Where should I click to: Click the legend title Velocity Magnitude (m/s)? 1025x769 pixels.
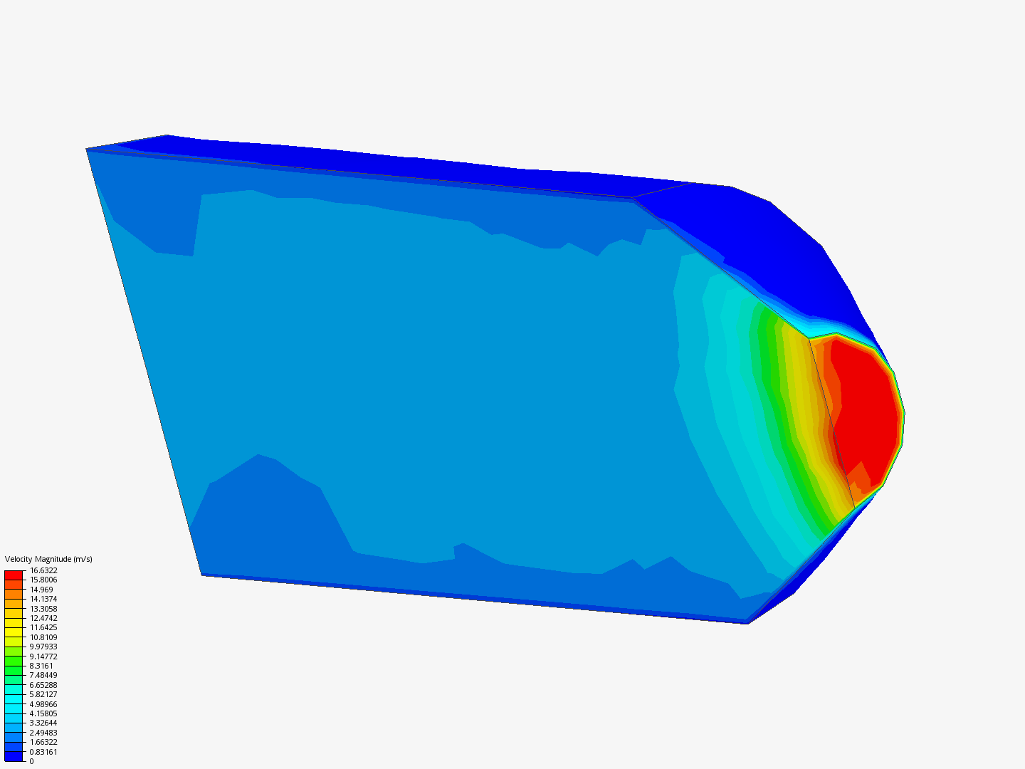tap(48, 559)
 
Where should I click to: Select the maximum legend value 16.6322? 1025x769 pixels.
tap(43, 570)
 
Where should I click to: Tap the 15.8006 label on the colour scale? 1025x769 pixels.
tap(43, 580)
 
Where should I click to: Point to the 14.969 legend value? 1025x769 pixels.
tap(41, 590)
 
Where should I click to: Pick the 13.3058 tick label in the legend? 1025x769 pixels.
tap(43, 608)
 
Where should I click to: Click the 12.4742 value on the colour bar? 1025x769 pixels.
tap(43, 618)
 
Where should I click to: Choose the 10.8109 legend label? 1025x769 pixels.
tap(43, 637)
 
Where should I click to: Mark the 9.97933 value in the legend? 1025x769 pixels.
tap(43, 647)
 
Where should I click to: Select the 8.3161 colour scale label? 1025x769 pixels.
tap(41, 666)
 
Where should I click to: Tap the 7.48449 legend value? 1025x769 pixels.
tap(43, 675)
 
